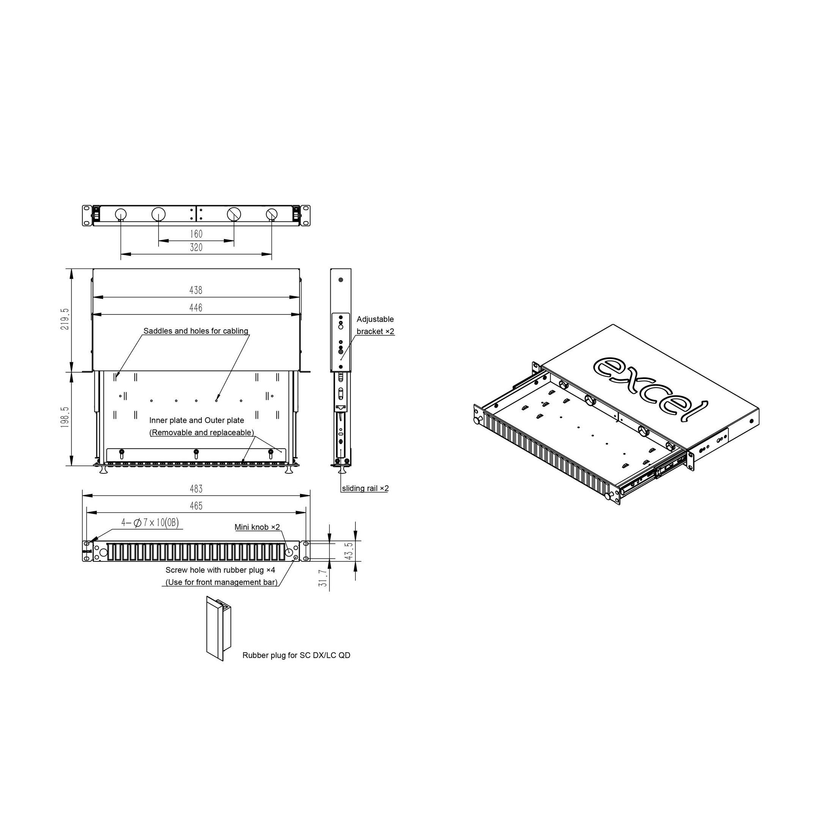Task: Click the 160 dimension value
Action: pos(196,234)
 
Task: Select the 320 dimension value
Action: pos(196,247)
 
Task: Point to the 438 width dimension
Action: pos(196,290)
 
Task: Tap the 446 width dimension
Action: pos(196,308)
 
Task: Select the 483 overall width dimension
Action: pos(196,489)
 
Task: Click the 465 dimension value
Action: pos(196,506)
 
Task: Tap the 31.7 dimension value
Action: pos(323,578)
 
